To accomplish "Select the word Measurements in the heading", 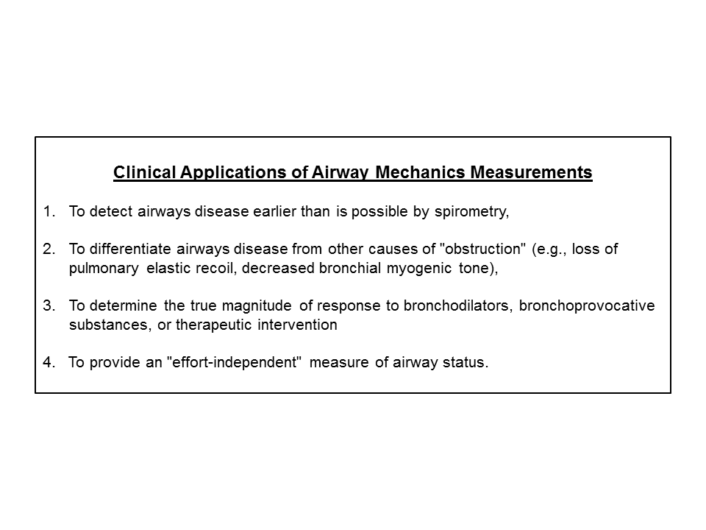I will tap(531, 173).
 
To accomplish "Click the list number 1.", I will tap(49, 212).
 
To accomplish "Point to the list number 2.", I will tap(49, 250).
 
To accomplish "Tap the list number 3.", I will tap(49, 306).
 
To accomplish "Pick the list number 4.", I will tap(49, 363).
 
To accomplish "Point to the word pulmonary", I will tap(104, 268).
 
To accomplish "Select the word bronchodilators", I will tap(457, 306).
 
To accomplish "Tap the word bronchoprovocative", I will tap(586, 306).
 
